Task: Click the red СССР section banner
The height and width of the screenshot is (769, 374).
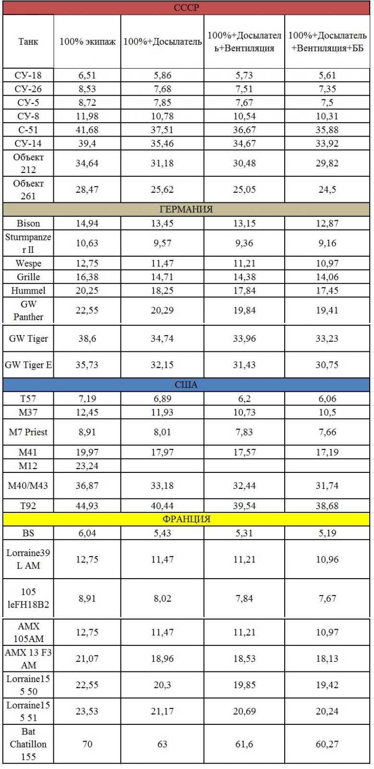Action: [186, 8]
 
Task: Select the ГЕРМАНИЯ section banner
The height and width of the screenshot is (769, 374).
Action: [186, 210]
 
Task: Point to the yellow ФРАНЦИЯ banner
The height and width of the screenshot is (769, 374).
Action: [186, 520]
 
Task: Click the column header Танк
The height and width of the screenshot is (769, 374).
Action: [28, 41]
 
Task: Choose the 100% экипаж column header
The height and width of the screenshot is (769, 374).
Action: [87, 41]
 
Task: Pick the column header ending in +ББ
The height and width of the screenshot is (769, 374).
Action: [327, 42]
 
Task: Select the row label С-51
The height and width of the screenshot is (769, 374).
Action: [28, 129]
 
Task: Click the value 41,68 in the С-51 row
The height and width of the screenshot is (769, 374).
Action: [87, 129]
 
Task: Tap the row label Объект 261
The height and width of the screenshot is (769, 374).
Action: [28, 189]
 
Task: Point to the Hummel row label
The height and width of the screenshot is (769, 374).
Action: [28, 290]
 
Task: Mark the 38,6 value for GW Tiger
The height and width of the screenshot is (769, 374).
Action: [87, 338]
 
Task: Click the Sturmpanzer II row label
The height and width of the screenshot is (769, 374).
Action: [28, 243]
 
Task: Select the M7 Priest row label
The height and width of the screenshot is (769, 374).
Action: [28, 432]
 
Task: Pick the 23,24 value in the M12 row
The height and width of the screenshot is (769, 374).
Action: [87, 466]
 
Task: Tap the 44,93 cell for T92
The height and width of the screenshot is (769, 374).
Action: [87, 506]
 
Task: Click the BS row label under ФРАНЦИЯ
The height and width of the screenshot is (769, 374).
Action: [28, 533]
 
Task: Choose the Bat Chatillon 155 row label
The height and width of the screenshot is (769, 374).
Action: [28, 744]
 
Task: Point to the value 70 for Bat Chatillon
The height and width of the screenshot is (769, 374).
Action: [87, 744]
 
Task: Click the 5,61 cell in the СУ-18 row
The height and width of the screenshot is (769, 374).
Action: [327, 75]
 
